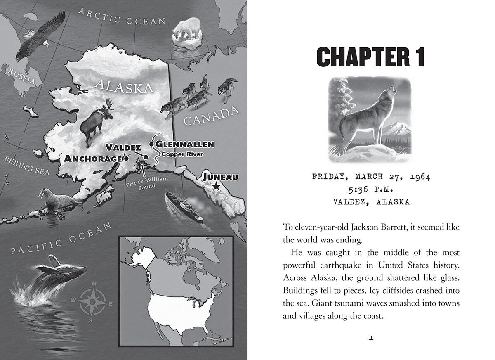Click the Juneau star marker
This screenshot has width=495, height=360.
[215, 187]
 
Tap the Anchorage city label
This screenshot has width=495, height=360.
[93, 159]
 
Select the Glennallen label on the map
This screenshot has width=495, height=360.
[184, 144]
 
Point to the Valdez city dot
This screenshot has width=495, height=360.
[146, 157]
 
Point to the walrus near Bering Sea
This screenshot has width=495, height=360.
[58, 200]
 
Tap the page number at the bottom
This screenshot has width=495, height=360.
[370, 338]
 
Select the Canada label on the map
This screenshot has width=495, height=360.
[211, 116]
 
